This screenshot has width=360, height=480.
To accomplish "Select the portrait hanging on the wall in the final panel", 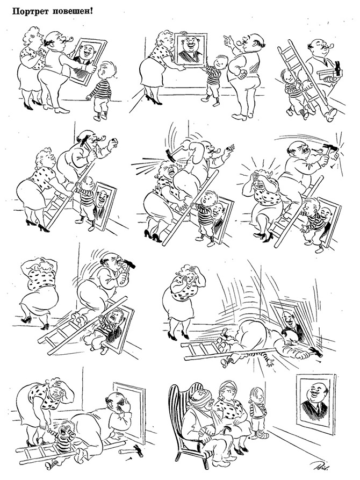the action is tap(315, 400).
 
